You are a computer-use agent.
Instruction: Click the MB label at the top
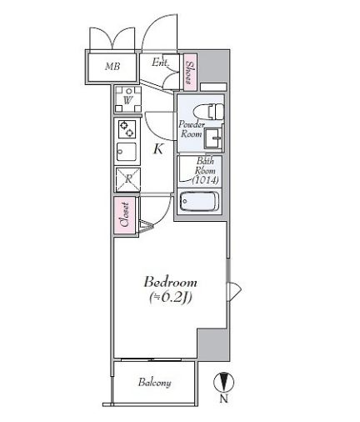pyautogui.click(x=112, y=65)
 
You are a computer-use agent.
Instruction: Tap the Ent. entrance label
pyautogui.click(x=159, y=62)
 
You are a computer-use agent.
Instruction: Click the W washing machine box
pyautogui.click(x=128, y=100)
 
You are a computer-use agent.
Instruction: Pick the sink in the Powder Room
pyautogui.click(x=212, y=137)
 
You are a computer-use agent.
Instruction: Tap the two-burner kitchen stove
pyautogui.click(x=128, y=129)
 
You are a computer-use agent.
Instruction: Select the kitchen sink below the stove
pyautogui.click(x=128, y=153)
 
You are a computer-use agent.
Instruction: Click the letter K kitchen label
pyautogui.click(x=157, y=150)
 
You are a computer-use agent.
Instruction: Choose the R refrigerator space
pyautogui.click(x=128, y=178)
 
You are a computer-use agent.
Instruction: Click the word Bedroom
pyautogui.click(x=169, y=281)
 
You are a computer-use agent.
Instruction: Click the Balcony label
pyautogui.click(x=155, y=383)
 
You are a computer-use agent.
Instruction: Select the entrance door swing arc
pyautogui.click(x=154, y=33)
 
